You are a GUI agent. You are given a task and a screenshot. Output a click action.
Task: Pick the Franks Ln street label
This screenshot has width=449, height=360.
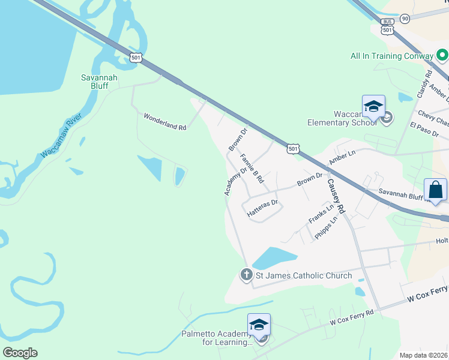pos(321,214)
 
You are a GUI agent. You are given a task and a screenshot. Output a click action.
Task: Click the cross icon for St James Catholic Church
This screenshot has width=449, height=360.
pos(246,275)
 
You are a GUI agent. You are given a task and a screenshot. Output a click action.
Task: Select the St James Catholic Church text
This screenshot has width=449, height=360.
pos(304,276)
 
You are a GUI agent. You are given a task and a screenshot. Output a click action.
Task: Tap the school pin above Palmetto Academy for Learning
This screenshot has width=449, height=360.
pos(259,325)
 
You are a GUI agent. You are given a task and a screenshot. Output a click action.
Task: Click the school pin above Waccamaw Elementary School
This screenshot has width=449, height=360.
pos(373,107)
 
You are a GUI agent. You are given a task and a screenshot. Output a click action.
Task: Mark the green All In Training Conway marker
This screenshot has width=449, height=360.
pos(443,56)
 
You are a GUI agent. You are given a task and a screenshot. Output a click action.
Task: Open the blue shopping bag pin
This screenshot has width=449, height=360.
pos(435,190)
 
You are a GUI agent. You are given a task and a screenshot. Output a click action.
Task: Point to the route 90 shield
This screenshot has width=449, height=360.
pos(405,19)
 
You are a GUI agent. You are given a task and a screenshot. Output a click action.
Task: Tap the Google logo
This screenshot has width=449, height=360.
pos(20,353)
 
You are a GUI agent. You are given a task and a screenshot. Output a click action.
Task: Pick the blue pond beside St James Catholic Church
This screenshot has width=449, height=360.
pos(275,259)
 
